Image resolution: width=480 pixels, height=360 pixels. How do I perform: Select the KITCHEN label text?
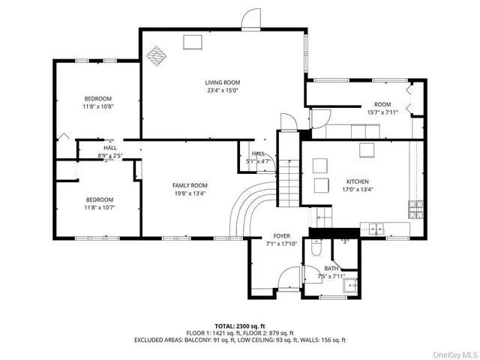click(357, 181)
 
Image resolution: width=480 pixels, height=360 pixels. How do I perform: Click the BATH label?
click(331, 268)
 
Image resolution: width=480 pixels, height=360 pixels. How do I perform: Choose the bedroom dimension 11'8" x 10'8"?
click(97, 106)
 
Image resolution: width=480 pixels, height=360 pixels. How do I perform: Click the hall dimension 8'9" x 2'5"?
click(110, 155)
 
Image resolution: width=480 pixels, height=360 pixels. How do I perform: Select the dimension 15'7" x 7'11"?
click(382, 112)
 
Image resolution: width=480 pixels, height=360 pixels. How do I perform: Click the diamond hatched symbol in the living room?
click(157, 56)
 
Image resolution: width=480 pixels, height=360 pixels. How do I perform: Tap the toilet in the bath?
click(316, 248)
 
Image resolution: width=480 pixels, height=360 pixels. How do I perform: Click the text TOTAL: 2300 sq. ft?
click(240, 327)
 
